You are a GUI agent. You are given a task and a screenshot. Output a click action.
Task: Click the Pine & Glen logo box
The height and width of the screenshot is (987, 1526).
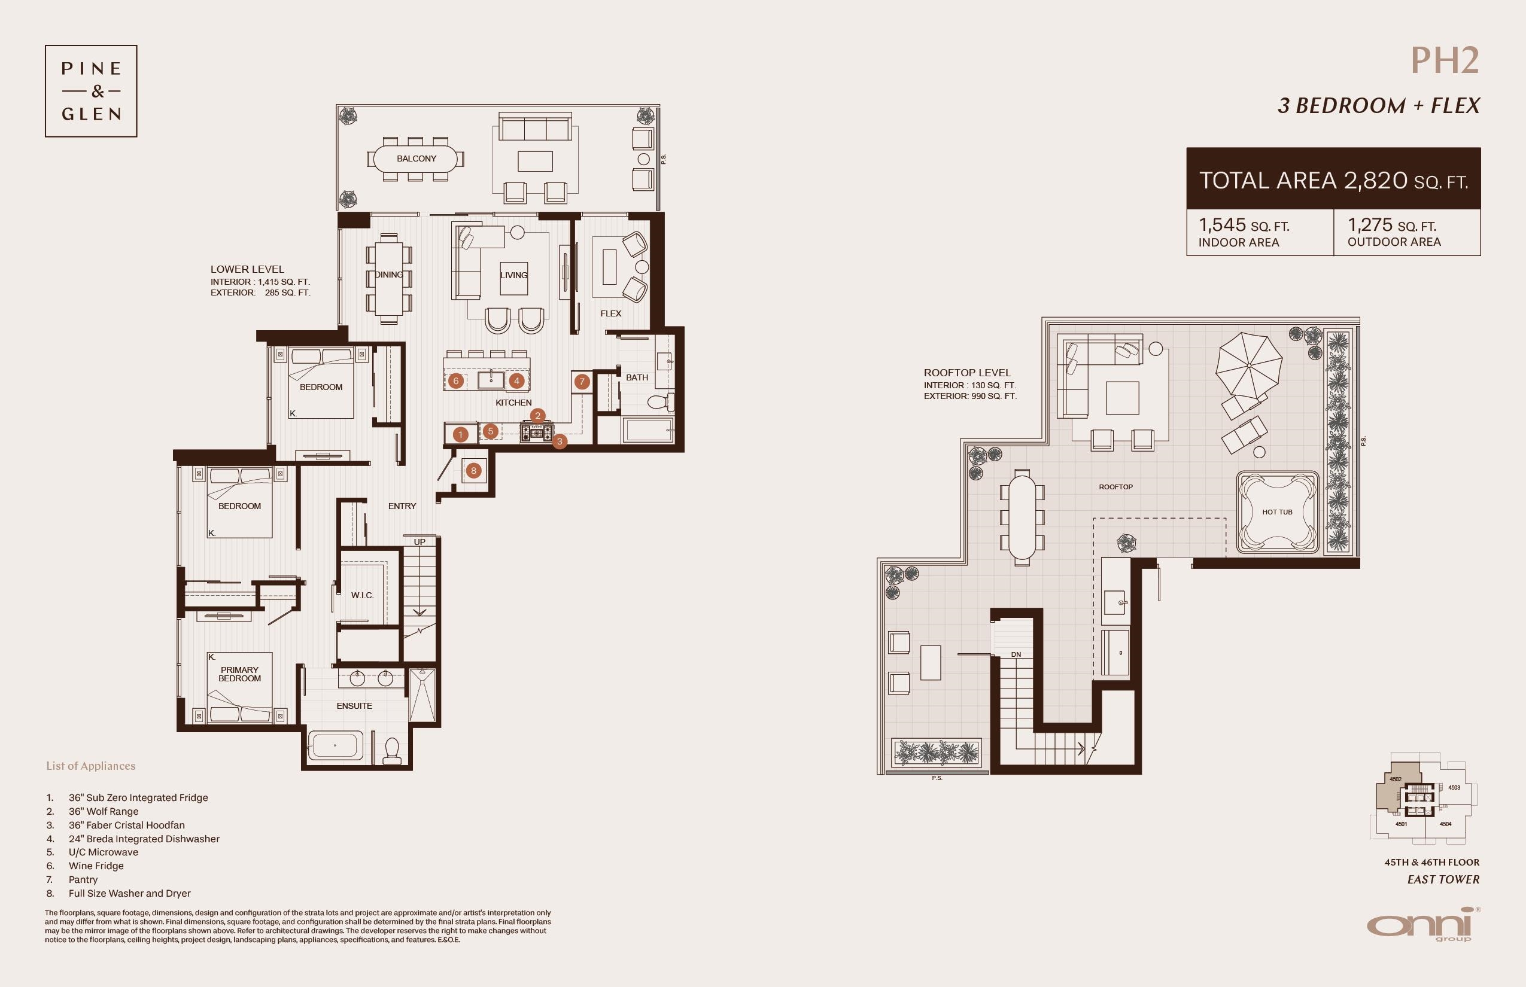point(91,91)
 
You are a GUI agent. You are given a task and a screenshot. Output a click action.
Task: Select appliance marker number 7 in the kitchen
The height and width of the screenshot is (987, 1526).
point(582,382)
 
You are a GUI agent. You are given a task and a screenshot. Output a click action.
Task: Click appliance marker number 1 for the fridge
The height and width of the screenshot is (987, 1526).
point(460,434)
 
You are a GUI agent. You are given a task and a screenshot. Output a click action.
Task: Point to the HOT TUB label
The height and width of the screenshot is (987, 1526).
point(1277,512)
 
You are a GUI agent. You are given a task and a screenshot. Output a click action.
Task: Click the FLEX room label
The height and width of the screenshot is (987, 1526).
point(610,313)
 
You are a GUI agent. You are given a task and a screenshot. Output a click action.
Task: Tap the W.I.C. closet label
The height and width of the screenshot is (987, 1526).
point(362,595)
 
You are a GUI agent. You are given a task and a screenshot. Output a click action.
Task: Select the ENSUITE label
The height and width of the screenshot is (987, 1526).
point(354,706)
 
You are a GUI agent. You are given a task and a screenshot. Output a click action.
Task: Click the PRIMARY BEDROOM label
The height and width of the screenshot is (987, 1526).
point(240,674)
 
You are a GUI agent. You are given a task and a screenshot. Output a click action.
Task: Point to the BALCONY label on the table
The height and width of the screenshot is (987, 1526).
point(416,159)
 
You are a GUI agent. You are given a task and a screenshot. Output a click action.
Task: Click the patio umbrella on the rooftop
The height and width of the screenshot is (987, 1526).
point(1249,365)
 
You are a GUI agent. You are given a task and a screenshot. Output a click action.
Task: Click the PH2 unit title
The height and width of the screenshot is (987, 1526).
point(1445,61)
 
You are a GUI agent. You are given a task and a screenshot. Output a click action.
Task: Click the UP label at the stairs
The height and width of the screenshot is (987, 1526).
point(420,541)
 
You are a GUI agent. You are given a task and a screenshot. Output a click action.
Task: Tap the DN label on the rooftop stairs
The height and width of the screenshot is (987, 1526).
point(1016,654)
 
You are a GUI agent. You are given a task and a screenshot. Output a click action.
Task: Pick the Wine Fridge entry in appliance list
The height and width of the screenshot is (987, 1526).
point(96,866)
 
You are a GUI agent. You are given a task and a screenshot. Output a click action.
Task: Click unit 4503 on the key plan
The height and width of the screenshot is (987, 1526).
point(1454,788)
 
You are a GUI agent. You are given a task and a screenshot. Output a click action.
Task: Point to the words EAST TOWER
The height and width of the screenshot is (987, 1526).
point(1443,879)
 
